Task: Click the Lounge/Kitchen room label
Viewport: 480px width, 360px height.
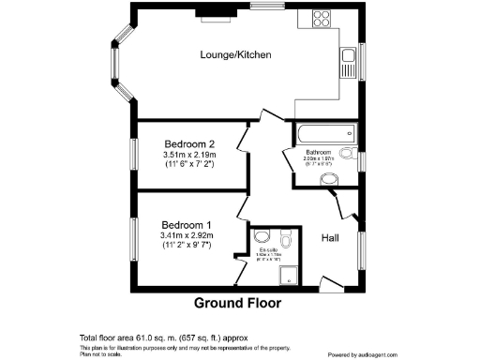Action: click(235, 55)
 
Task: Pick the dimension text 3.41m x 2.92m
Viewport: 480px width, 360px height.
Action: click(188, 238)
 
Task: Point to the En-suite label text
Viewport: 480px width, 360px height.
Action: click(270, 249)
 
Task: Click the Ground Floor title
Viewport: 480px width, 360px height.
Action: click(237, 303)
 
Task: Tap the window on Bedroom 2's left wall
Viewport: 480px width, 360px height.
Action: click(135, 155)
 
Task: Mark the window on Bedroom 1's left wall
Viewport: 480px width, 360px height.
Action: click(135, 238)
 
